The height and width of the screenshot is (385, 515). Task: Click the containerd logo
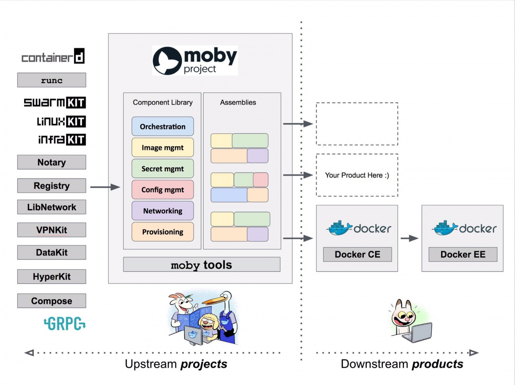click(53, 57)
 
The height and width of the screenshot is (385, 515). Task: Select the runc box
click(51, 80)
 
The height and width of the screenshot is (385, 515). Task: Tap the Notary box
click(51, 162)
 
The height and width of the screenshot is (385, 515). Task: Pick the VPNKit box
click(51, 230)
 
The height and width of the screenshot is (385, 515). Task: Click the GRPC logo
click(65, 324)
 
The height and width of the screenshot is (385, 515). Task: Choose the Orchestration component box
click(163, 127)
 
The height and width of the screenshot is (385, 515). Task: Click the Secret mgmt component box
click(163, 169)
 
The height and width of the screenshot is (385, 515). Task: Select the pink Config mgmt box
click(163, 190)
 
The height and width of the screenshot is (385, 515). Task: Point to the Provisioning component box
click(163, 232)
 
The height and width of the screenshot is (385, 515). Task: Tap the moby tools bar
click(201, 265)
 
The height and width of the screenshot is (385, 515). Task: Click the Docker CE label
click(357, 254)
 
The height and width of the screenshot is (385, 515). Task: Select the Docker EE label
click(463, 254)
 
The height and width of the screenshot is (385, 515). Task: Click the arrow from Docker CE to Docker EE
click(409, 238)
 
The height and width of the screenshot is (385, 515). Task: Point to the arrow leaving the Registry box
click(105, 187)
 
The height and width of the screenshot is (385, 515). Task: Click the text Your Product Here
click(357, 175)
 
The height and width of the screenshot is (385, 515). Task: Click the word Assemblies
click(238, 102)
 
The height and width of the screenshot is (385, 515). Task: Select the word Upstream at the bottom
click(151, 364)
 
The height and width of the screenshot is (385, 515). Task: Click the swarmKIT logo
click(55, 103)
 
